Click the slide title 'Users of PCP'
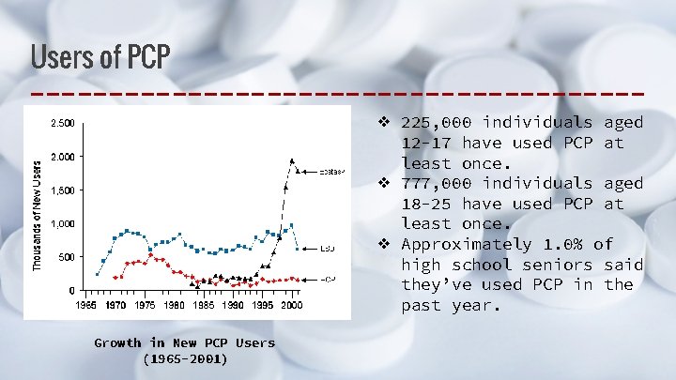coord(100,57)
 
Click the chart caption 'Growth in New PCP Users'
coord(184,342)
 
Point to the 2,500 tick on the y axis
coord(64,123)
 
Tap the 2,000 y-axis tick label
coord(64,157)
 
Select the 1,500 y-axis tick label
coord(64,190)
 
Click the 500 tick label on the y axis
coord(68,257)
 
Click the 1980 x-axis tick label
coord(174,305)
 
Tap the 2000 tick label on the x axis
coord(291,305)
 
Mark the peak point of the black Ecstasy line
coord(292,160)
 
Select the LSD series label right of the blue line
coord(327,249)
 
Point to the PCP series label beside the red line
coord(328,280)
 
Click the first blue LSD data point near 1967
coord(97,274)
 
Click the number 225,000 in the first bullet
coord(438,123)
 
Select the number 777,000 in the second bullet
coord(438,183)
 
